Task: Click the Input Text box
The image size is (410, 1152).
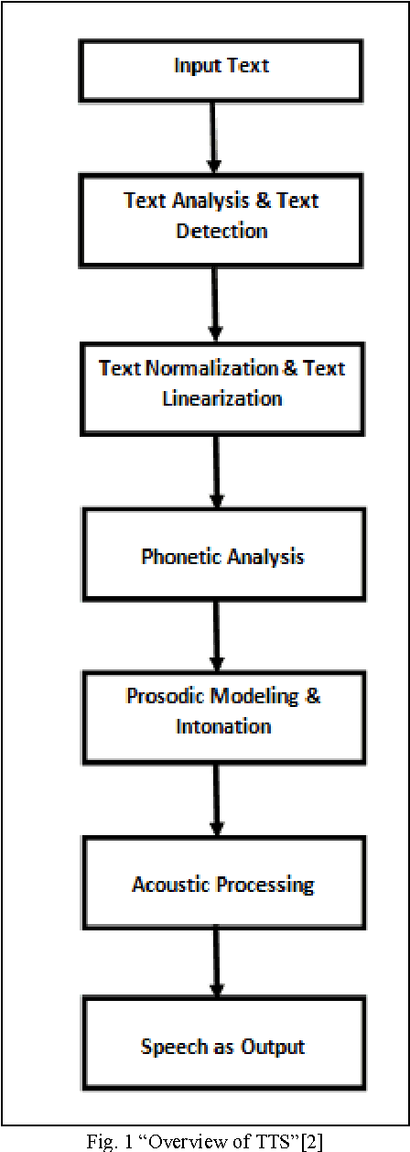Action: [x=221, y=67]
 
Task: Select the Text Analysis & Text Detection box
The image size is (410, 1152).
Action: [x=221, y=215]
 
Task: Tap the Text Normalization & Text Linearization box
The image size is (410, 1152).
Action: [x=221, y=384]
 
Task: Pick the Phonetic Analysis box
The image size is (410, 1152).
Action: [x=221, y=555]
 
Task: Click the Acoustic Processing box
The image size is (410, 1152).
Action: [x=221, y=884]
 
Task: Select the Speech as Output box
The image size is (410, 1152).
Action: [x=221, y=1046]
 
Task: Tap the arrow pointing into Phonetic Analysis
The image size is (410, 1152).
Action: [x=217, y=472]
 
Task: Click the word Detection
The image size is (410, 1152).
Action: [x=221, y=230]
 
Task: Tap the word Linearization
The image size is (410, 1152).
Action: [x=221, y=398]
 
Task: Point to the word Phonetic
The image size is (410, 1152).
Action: [x=175, y=556]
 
